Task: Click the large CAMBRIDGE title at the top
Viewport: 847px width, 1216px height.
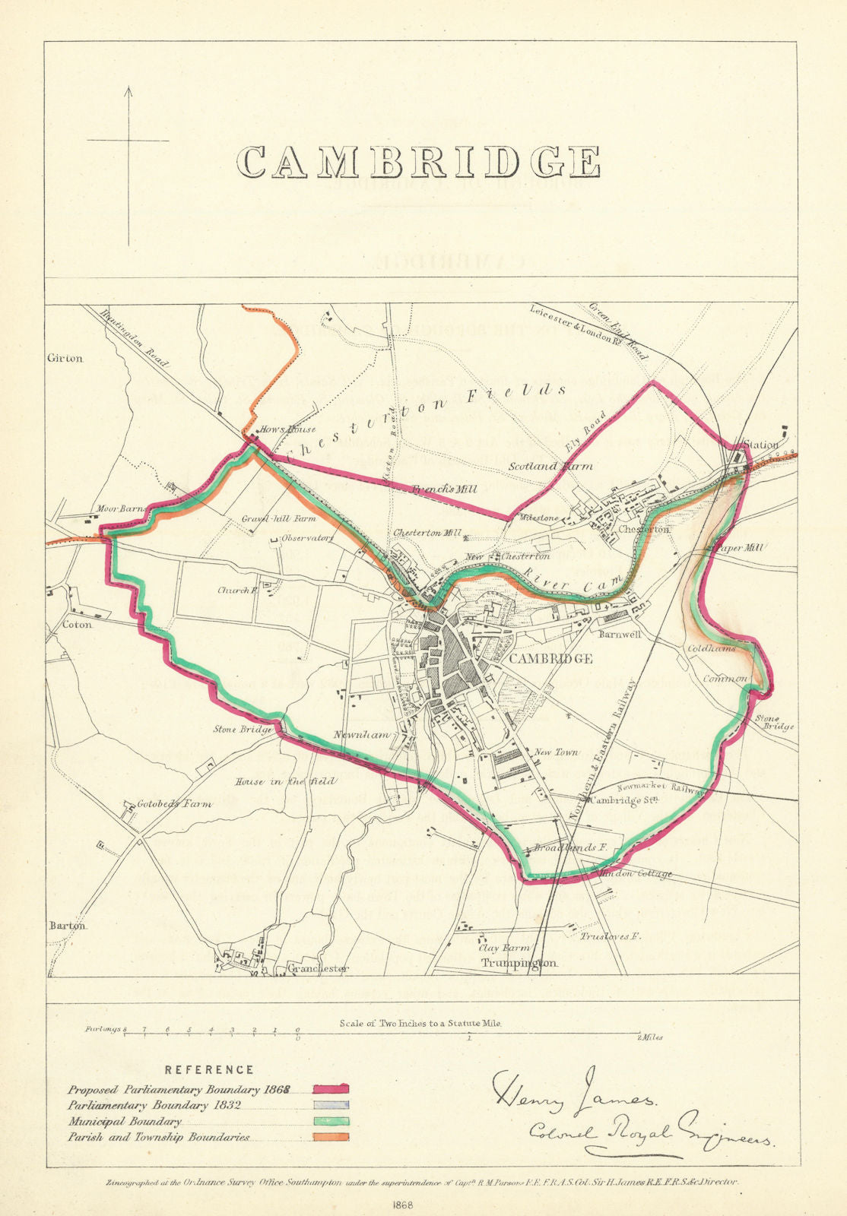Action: point(418,162)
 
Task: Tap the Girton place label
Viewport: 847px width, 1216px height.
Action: point(65,358)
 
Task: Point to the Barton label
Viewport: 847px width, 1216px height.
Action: point(68,926)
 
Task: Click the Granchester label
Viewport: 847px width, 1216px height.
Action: point(318,968)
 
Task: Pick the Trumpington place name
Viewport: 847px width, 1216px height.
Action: point(519,963)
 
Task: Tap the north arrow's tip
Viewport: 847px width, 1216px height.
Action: point(128,88)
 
